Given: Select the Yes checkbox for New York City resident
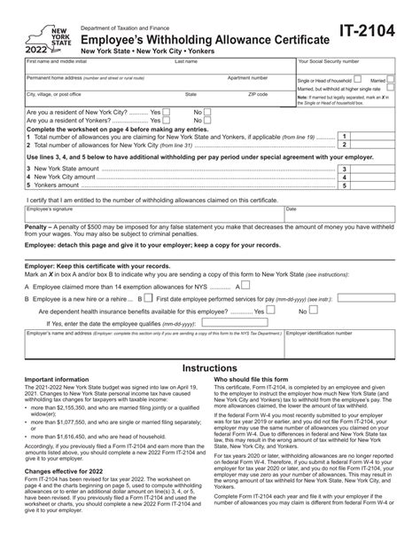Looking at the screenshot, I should (167, 114).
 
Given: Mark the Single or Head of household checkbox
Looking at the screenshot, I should (359, 80).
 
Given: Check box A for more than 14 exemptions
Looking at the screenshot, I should (238, 288).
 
